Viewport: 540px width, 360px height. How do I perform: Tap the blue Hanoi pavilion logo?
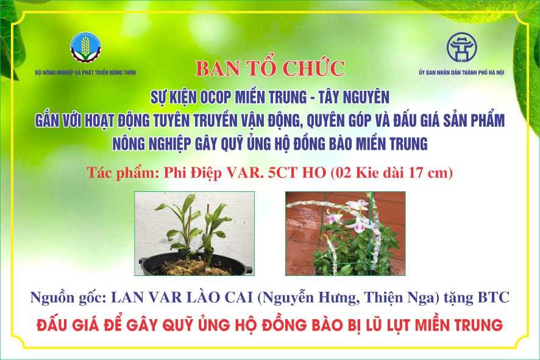pos(461,48)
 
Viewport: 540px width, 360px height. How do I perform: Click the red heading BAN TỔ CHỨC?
pos(270,68)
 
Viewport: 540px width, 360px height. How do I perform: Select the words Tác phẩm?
pos(121,173)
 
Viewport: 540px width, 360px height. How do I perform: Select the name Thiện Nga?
pos(401,298)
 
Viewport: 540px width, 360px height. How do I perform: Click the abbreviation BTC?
pos(493,298)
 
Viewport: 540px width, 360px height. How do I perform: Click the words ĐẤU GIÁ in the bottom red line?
pos(65,325)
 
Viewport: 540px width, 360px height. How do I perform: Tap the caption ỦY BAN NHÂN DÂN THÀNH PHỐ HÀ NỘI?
pos(461,72)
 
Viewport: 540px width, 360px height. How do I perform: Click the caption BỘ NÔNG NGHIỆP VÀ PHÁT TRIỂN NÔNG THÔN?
pos(85,72)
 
